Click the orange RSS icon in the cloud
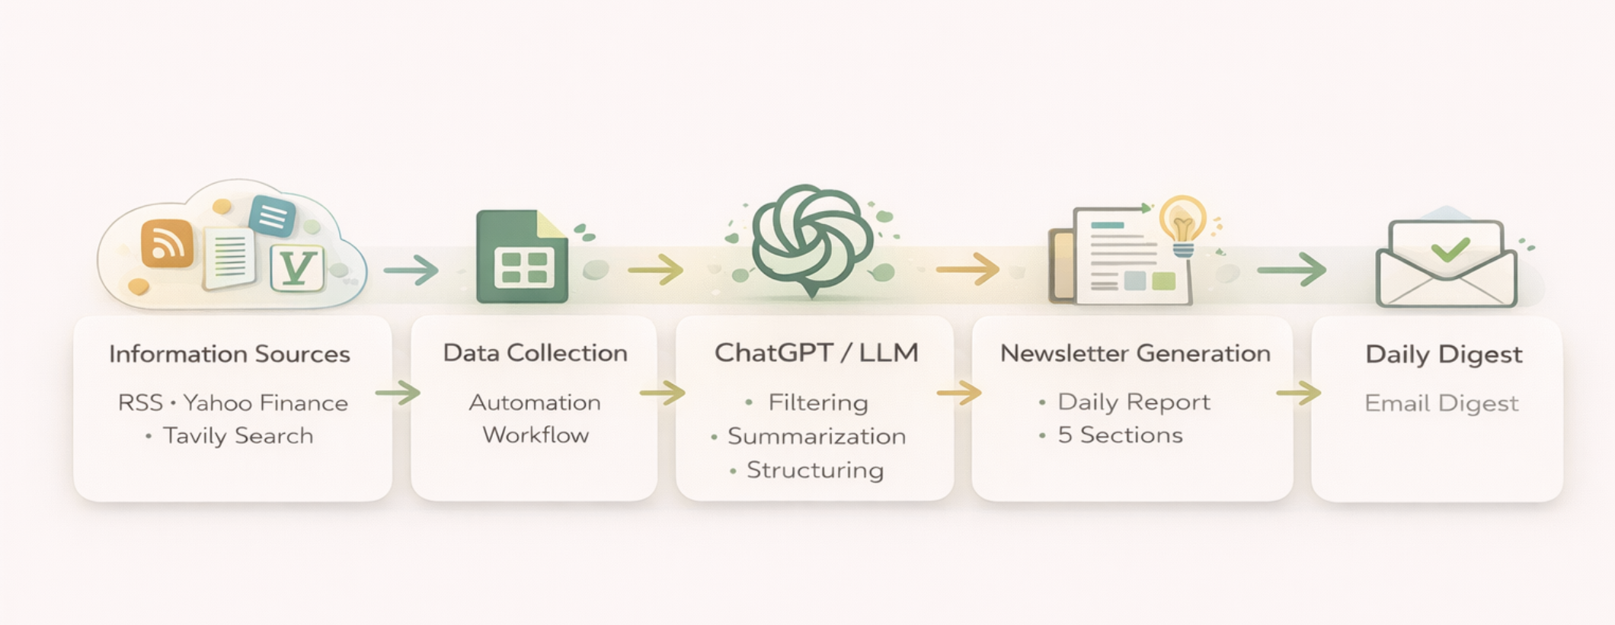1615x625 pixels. click(x=167, y=244)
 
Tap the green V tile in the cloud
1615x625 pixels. click(x=297, y=268)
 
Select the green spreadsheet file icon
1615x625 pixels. click(x=523, y=258)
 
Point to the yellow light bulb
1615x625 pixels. click(x=1182, y=224)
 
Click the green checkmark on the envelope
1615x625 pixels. click(x=1450, y=248)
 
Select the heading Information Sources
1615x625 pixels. click(x=229, y=354)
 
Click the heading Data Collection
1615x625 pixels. click(x=535, y=353)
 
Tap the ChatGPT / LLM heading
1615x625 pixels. click(x=816, y=353)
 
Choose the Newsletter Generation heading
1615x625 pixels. click(x=1135, y=354)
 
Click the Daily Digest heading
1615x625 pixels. click(x=1444, y=354)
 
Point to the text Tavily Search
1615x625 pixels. click(x=238, y=436)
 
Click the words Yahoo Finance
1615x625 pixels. click(x=266, y=402)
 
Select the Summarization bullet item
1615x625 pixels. click(x=816, y=436)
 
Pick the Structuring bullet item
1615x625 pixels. click(x=814, y=470)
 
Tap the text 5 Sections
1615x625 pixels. click(x=1120, y=435)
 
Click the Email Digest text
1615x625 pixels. click(x=1441, y=402)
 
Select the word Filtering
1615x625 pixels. click(x=818, y=402)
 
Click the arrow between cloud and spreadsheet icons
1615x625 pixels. click(x=411, y=270)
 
